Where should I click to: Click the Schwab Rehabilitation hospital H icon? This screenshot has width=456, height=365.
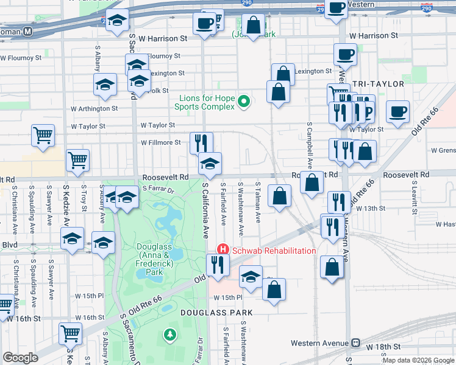[223, 250]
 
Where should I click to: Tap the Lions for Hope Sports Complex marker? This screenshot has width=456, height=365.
[244, 102]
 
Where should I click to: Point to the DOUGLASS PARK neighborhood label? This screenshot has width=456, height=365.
[216, 312]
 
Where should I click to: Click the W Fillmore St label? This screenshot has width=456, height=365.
[161, 143]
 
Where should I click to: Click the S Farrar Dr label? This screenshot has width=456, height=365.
[159, 189]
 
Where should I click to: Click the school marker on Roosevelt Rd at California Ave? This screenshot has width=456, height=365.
[210, 163]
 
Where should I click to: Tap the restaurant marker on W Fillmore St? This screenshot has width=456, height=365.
[201, 143]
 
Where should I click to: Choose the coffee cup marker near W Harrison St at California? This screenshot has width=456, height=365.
[204, 24]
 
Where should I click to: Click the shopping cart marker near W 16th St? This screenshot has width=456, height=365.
[70, 333]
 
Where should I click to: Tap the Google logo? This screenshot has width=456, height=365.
[20, 358]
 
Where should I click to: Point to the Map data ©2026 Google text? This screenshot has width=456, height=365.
[418, 360]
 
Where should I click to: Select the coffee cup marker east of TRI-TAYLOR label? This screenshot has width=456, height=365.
[397, 112]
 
